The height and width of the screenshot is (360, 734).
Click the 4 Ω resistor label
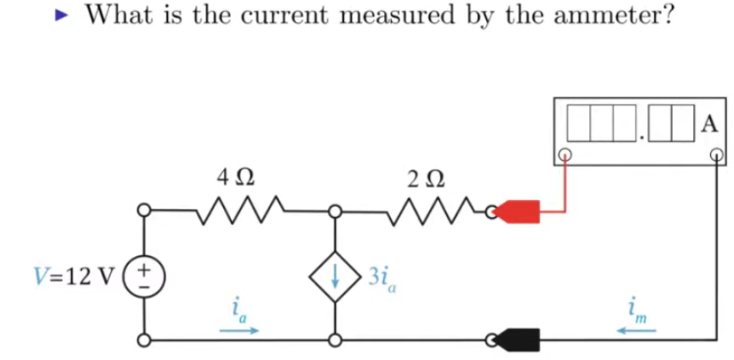coord(236,178)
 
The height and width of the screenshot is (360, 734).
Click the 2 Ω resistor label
coord(426,180)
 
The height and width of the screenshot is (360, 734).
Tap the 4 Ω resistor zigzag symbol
coord(240,210)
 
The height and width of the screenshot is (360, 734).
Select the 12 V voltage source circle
coord(145,276)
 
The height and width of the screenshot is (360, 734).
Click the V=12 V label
coord(75,276)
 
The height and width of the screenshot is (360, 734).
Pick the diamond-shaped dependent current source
coord(335,276)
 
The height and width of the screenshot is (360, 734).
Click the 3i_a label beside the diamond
coord(381,279)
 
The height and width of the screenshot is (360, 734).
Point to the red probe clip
coord(517,212)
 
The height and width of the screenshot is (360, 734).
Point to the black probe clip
coord(517,340)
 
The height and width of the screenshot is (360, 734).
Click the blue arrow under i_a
coord(239,331)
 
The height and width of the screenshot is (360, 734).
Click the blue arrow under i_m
coord(635,331)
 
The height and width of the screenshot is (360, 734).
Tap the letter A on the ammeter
coord(710,125)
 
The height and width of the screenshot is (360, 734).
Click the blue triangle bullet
coord(61,16)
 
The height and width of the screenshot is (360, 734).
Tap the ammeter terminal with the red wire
coord(565,155)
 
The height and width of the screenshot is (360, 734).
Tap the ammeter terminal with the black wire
coord(716,155)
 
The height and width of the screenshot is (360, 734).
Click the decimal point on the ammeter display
coord(642,138)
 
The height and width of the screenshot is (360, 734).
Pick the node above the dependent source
coord(335,212)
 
